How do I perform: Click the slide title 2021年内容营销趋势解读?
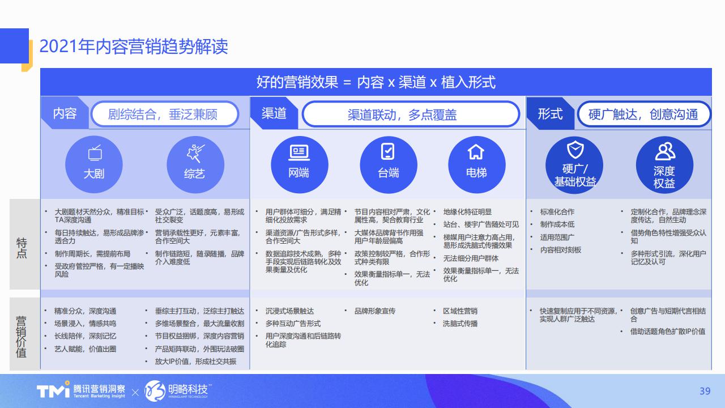coord(134,46)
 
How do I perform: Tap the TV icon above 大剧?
coord(95,153)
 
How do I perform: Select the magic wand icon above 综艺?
coord(195,153)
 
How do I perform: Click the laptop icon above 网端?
coord(299,153)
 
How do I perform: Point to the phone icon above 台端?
coord(388,151)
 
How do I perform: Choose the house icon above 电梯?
coord(476,152)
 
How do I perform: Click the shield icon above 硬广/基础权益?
coord(575,150)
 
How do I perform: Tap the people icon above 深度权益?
coord(665,151)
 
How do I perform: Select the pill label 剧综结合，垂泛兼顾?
coord(165,114)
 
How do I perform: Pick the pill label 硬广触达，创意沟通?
coord(643,114)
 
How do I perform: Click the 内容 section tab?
coord(65,113)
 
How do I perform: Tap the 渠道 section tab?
coord(274,113)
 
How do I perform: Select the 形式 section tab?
coord(550,113)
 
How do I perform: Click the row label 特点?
coord(22,248)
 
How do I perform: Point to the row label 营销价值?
coord(22,337)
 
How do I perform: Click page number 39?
coord(705,391)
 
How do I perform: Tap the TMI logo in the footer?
coord(53,390)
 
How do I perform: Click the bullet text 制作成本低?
coord(557,224)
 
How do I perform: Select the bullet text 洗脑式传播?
coord(460,324)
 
